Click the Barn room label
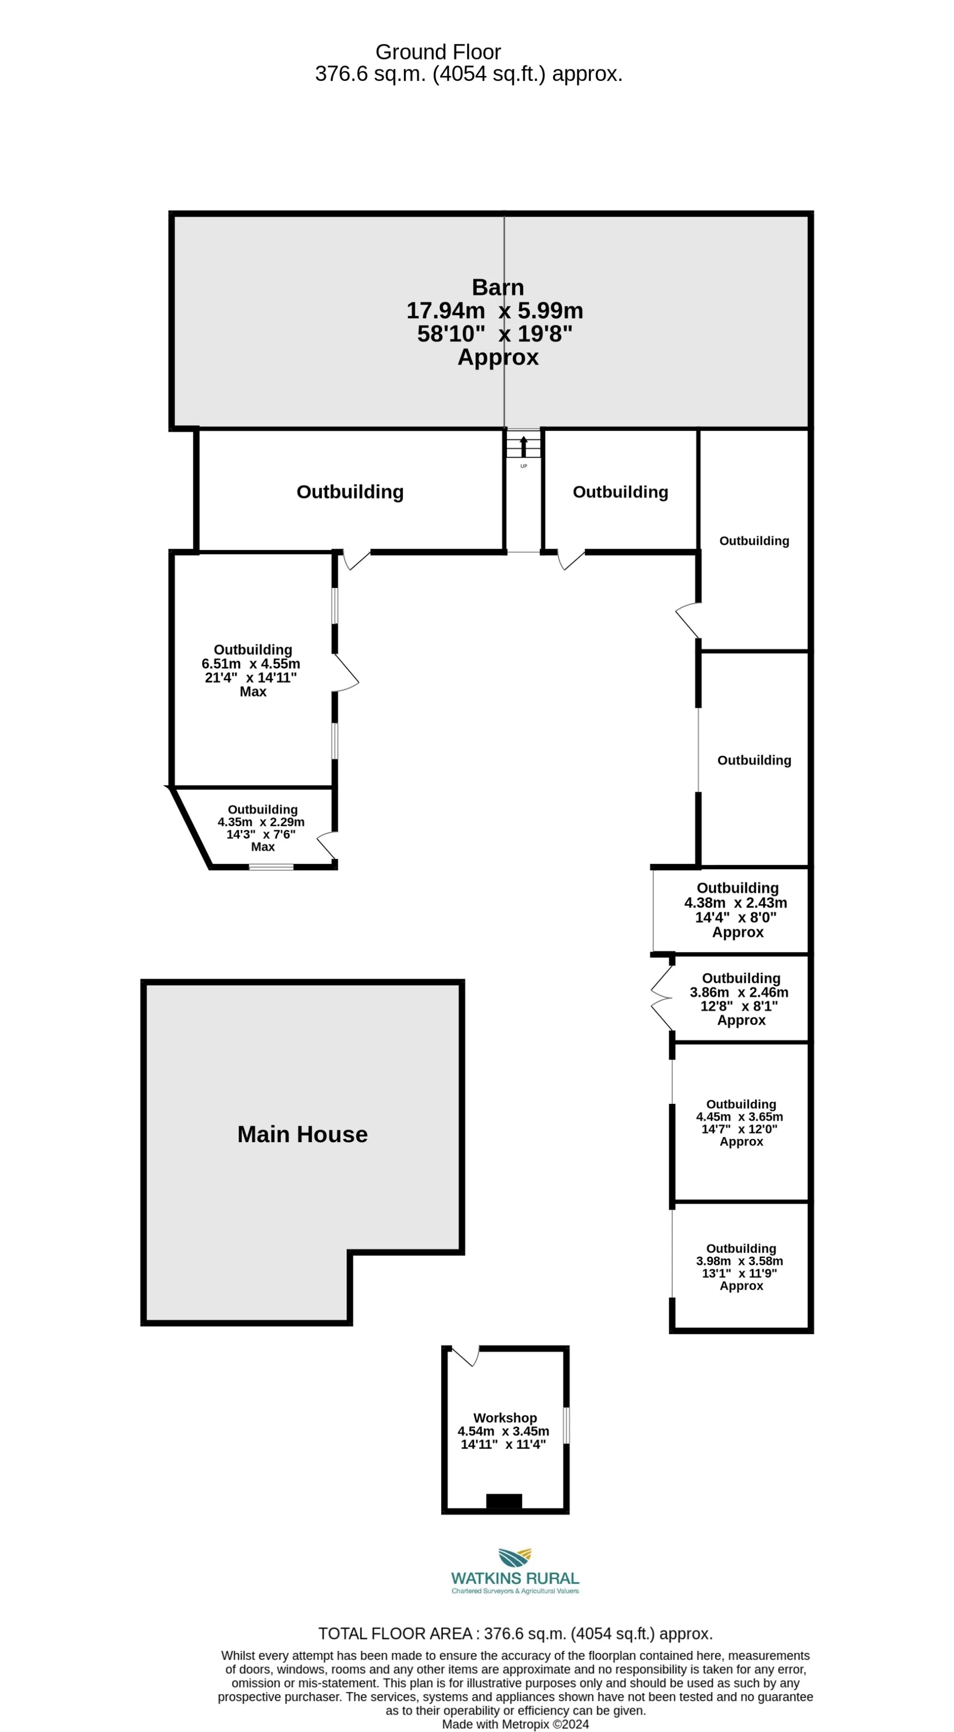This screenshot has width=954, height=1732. [497, 287]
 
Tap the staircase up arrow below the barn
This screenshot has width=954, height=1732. [524, 446]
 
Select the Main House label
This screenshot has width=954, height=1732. [302, 1134]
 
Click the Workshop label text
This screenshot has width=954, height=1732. [505, 1417]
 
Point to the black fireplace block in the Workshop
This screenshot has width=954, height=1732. [503, 1500]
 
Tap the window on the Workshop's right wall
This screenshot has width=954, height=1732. [566, 1425]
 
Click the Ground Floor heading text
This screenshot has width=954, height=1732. [438, 52]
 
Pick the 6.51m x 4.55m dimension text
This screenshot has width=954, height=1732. [251, 663]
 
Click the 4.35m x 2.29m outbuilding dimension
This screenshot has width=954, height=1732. [261, 822]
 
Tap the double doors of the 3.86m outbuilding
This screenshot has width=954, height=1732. [661, 998]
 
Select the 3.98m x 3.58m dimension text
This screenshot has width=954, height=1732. [739, 1261]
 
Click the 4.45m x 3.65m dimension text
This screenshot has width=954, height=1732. [739, 1117]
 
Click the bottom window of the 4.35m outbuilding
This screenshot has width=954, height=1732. [271, 867]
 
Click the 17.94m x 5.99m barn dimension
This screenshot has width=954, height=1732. [495, 311]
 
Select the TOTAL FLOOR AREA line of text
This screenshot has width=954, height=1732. [515, 1634]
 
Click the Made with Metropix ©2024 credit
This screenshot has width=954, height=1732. [515, 1724]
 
